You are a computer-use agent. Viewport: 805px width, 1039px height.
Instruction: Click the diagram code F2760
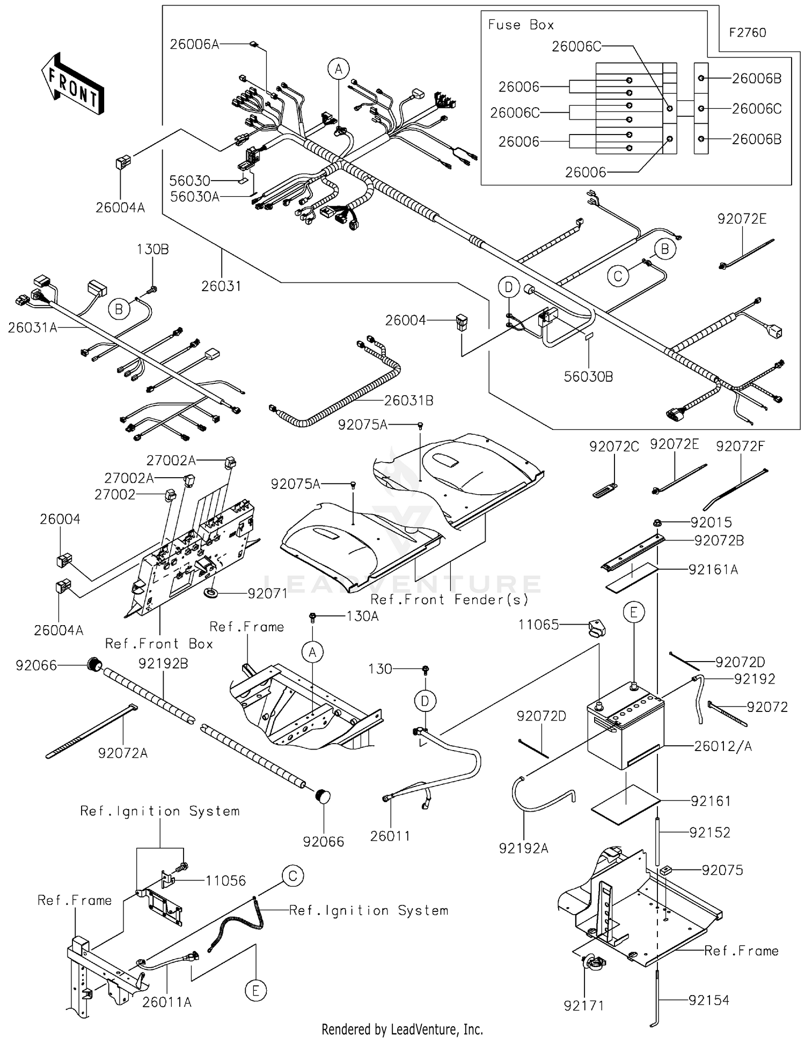[747, 33]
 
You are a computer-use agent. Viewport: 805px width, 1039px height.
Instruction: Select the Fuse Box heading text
[520, 25]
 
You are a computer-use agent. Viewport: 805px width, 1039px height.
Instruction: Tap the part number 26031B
[409, 400]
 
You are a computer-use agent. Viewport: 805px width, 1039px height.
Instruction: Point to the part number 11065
[538, 625]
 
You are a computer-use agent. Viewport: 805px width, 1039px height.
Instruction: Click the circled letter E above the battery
[634, 612]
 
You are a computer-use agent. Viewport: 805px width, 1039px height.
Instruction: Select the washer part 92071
[210, 593]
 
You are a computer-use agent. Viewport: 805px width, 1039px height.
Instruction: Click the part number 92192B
[163, 664]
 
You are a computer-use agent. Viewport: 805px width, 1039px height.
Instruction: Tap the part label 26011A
[167, 1001]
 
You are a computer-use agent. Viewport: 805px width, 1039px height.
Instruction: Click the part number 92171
[584, 1006]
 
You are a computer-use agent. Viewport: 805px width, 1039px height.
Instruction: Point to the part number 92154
[709, 1000]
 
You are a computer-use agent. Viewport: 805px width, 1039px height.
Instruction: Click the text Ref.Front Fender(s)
[450, 599]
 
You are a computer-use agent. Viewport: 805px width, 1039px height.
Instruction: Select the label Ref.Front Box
[159, 643]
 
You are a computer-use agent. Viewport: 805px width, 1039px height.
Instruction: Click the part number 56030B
[588, 376]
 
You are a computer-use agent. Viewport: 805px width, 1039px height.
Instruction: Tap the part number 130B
[152, 249]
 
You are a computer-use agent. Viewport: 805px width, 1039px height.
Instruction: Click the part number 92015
[711, 522]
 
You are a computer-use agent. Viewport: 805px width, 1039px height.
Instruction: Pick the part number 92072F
[740, 446]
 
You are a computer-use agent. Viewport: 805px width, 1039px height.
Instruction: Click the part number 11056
[225, 880]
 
